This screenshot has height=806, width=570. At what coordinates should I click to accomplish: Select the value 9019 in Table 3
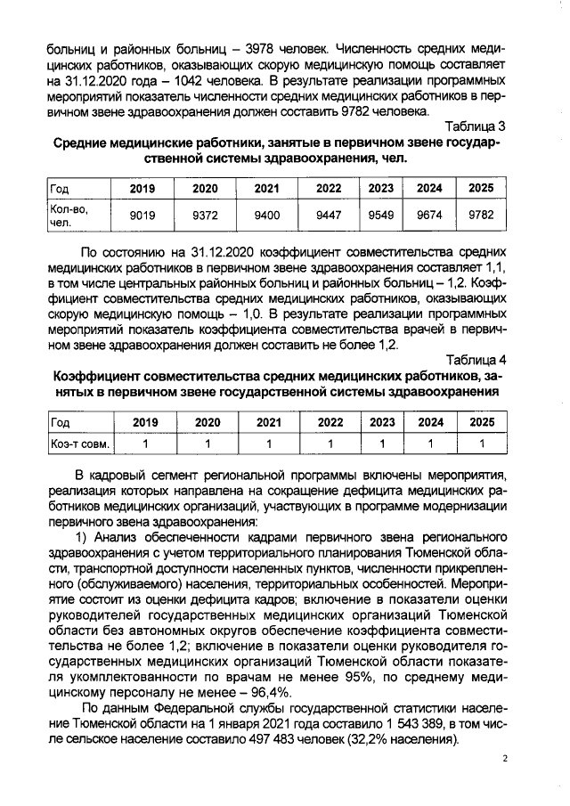coord(142,215)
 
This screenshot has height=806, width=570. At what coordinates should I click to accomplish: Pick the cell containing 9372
coord(205,215)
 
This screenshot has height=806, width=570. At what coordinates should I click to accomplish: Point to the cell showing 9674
coord(429,215)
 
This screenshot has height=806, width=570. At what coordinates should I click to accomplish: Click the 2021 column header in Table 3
coord(266,189)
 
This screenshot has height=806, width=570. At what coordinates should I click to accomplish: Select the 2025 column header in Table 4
coord(481,422)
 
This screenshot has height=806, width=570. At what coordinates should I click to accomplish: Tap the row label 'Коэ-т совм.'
coord(77,443)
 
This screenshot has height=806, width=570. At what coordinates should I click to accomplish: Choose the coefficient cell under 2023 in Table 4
coord(380,443)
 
